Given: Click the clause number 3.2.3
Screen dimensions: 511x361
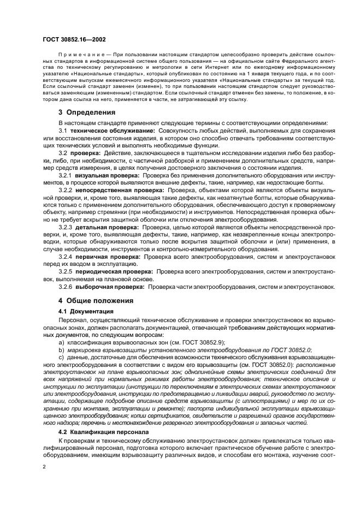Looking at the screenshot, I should click(x=65, y=226).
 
